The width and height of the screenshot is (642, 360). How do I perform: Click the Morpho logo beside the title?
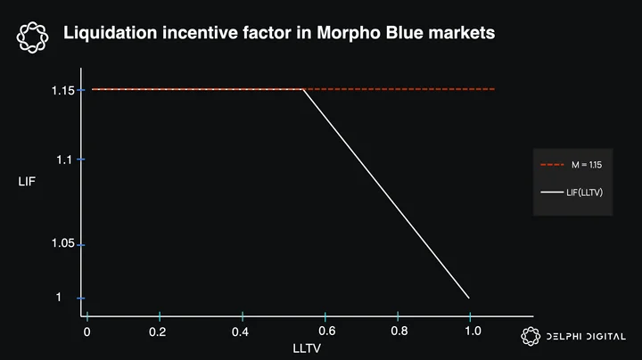(x=33, y=37)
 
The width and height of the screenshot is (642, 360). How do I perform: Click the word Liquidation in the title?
(x=111, y=33)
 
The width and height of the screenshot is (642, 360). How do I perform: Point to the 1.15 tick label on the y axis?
(x=63, y=90)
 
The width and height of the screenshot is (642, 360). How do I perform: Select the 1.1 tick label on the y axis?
(x=64, y=160)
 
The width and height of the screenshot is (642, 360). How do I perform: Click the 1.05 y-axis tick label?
(x=63, y=243)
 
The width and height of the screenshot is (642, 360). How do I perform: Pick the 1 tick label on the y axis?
(x=59, y=297)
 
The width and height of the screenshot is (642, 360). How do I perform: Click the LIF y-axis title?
(x=27, y=182)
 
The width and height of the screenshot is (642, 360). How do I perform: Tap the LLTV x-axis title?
(x=307, y=348)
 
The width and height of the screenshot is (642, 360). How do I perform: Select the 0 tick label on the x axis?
(x=86, y=331)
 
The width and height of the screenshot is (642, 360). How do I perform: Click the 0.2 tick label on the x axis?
(x=158, y=331)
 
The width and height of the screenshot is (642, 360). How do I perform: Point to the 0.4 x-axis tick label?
(x=241, y=331)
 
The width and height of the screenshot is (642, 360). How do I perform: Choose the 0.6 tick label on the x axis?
(x=327, y=331)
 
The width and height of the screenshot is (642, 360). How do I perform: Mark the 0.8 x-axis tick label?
(x=399, y=331)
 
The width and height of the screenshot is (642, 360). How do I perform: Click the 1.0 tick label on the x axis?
(x=473, y=331)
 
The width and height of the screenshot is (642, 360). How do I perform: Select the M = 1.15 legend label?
(x=587, y=165)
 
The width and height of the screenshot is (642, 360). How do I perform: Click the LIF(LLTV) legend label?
(x=585, y=192)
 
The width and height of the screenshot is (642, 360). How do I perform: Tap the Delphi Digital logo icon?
(x=531, y=336)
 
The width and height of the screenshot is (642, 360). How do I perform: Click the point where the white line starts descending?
(x=303, y=90)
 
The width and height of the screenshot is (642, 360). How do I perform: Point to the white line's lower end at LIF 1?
(x=469, y=298)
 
